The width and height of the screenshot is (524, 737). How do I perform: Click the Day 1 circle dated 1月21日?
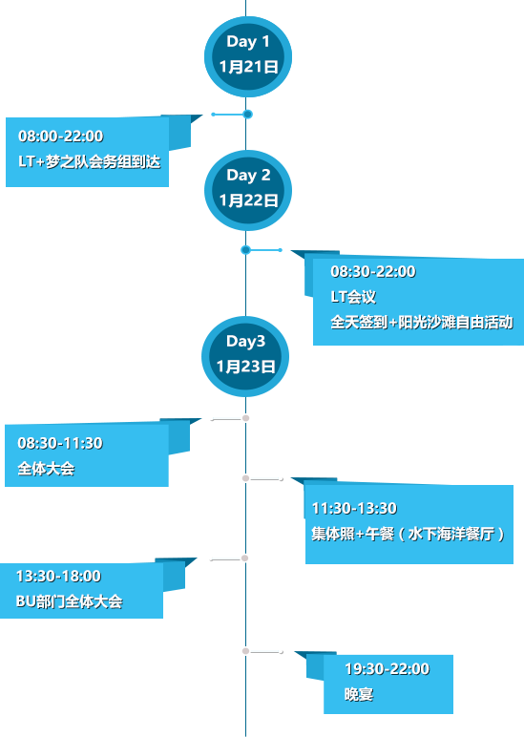(248, 57)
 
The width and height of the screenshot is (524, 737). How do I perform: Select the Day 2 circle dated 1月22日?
(248, 190)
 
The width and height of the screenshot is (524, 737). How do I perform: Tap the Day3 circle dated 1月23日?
(245, 356)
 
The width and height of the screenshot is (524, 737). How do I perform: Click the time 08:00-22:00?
(61, 137)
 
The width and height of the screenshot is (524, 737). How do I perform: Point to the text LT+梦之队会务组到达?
(90, 161)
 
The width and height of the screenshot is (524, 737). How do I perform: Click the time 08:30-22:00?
(373, 272)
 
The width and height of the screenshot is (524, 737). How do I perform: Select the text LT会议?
(353, 297)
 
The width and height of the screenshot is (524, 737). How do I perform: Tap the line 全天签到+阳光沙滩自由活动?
(422, 323)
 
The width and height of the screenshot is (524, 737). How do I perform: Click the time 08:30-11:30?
(60, 443)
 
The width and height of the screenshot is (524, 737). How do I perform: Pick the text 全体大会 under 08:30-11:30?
(46, 469)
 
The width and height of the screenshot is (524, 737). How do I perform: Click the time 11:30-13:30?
(354, 509)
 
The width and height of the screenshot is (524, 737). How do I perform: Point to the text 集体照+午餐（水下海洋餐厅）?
(408, 534)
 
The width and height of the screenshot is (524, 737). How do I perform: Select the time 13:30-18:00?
(59, 577)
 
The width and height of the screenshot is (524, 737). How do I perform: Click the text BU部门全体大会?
(69, 601)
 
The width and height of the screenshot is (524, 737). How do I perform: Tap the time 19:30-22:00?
(388, 669)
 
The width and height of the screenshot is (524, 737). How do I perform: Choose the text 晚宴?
(359, 694)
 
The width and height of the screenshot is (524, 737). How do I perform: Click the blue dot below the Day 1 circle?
(248, 115)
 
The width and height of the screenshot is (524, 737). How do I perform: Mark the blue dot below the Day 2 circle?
(245, 250)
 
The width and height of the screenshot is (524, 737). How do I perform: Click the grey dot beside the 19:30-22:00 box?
(245, 651)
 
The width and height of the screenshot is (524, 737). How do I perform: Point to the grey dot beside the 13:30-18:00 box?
(245, 558)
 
